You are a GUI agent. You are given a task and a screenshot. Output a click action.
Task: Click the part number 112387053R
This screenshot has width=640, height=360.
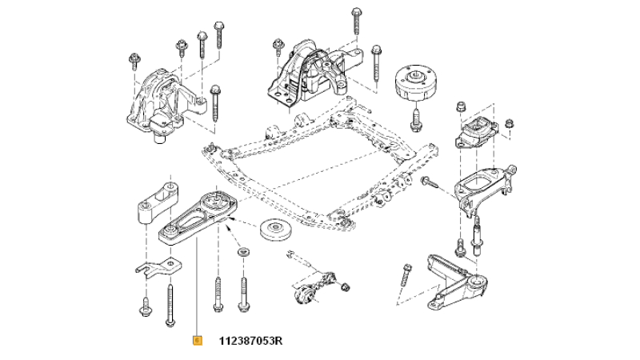(x=250, y=341)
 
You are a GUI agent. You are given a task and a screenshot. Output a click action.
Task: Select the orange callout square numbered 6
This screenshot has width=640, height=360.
(x=197, y=341)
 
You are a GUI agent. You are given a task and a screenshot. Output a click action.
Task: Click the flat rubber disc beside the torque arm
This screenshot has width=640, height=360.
(x=275, y=230)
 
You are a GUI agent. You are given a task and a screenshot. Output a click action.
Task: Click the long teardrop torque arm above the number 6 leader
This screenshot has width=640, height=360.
(x=198, y=218)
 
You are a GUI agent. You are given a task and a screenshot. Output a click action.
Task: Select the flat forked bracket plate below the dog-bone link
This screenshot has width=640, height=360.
(x=159, y=266)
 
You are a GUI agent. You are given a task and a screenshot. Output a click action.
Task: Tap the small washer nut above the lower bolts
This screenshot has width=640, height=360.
(x=244, y=251)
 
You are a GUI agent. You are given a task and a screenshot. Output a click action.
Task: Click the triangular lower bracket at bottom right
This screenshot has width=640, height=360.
(x=456, y=282)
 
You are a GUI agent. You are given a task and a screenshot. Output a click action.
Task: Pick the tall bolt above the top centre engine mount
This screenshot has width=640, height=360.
(x=356, y=21)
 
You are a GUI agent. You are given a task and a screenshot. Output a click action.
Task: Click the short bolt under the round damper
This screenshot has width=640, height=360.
(x=415, y=118)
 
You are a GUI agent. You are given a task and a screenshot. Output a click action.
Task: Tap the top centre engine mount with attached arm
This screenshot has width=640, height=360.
(x=314, y=74)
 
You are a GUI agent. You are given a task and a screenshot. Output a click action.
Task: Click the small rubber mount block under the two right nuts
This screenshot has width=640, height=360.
(x=477, y=133)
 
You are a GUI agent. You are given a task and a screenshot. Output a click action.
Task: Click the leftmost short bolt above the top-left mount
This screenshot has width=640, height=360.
(x=134, y=62)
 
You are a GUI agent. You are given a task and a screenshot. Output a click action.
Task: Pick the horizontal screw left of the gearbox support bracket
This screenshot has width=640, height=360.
(x=430, y=182)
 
